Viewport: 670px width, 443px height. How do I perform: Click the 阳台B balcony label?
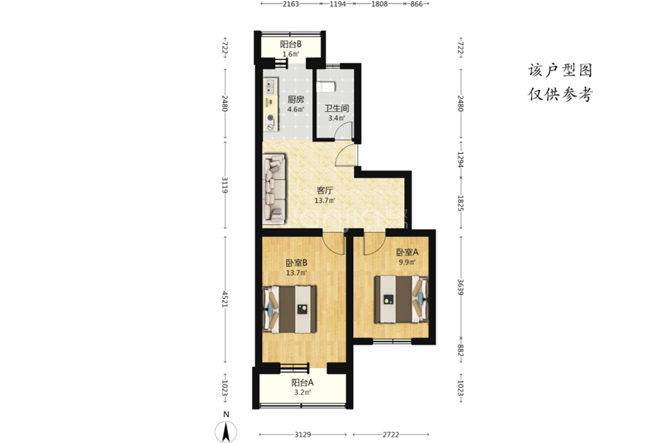(x=291, y=44)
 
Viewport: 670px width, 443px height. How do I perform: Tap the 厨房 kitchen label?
(x=296, y=100)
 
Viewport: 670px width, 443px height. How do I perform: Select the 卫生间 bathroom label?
(x=336, y=108)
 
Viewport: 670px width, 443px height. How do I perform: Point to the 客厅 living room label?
(x=325, y=191)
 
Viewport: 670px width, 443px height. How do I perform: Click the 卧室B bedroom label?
(x=297, y=263)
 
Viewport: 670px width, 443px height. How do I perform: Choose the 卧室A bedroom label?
(x=407, y=252)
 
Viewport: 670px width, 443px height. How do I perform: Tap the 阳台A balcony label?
(x=302, y=383)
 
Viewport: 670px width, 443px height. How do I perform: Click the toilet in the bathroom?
(x=326, y=87)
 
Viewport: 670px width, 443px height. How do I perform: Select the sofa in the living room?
(x=274, y=189)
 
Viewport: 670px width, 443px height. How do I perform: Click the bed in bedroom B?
(x=290, y=309)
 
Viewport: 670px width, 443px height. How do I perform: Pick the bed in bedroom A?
(x=401, y=299)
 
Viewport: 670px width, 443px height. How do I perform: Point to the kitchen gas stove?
(x=270, y=122)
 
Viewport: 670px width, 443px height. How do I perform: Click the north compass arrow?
(x=226, y=431)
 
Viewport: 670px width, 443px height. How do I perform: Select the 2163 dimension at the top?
(x=291, y=4)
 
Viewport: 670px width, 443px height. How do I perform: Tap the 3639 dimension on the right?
(x=461, y=287)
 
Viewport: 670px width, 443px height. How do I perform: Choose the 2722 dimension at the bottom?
(x=391, y=435)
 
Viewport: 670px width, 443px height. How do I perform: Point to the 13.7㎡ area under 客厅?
(x=325, y=201)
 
